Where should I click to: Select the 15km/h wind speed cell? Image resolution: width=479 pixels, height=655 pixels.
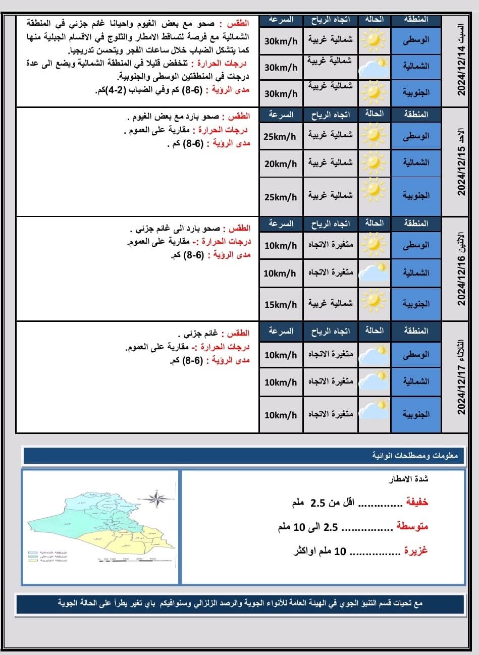281,304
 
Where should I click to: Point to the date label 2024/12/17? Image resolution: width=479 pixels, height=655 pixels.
461,378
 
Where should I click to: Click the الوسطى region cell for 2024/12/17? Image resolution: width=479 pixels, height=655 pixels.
416,354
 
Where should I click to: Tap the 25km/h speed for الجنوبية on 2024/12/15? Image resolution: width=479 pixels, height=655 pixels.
281,196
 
